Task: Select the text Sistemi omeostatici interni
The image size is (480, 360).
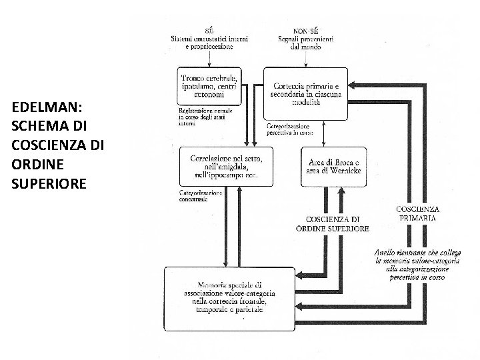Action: tap(209, 41)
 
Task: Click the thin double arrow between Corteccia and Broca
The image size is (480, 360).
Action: tap(323, 135)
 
